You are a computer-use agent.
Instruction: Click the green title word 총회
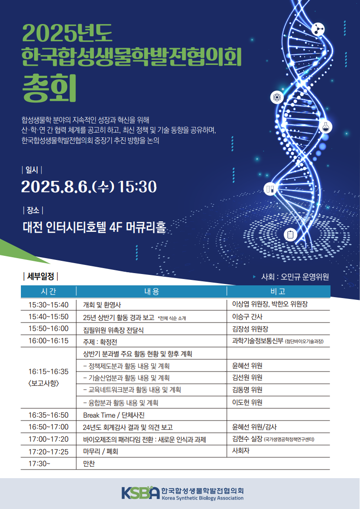point(49,88)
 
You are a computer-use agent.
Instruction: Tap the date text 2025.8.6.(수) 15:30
point(89,186)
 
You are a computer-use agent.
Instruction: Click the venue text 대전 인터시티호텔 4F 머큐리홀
point(94,227)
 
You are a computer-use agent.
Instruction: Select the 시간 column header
point(49,292)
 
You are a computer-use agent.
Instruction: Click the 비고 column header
point(278,292)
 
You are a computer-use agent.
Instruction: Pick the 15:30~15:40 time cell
point(49,305)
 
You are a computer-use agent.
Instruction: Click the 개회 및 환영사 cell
point(102,305)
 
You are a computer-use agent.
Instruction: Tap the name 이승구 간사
point(247,317)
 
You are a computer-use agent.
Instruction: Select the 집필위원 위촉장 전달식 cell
point(113,330)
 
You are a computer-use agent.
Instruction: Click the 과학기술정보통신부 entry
point(258,341)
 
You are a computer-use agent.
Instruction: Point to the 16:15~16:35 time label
point(49,372)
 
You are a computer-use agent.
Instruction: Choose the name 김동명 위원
point(247,390)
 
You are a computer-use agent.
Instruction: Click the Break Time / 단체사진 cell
point(113,415)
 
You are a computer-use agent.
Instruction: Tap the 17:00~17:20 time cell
point(49,439)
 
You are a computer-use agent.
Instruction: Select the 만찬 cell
point(89,464)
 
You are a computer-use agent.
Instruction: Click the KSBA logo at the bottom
point(141,493)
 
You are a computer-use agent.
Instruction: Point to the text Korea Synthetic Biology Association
point(202,498)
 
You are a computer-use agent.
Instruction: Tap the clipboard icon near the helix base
point(291,235)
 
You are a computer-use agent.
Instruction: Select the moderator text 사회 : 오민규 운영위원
point(295,277)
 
